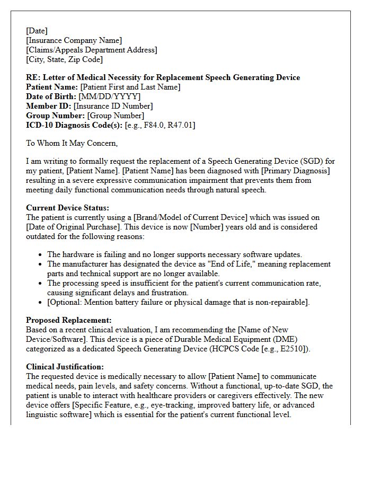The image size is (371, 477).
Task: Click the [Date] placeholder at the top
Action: pyautogui.click(x=37, y=31)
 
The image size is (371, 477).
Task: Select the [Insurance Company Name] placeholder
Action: pyautogui.click(x=74, y=40)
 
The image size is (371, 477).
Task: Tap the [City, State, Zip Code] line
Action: pyautogui.click(x=64, y=59)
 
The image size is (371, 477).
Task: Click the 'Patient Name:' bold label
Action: pyautogui.click(x=52, y=87)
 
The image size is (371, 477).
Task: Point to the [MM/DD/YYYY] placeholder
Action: pyautogui.click(x=110, y=96)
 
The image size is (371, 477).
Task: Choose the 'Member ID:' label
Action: pyautogui.click(x=49, y=106)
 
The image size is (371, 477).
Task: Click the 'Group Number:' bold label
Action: pyautogui.click(x=55, y=116)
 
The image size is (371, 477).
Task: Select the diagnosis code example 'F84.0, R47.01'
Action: pyautogui.click(x=167, y=125)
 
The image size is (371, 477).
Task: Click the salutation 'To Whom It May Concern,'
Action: pyautogui.click(x=72, y=143)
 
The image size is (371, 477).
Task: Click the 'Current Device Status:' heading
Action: pyautogui.click(x=67, y=208)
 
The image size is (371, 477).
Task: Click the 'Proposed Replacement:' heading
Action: pyautogui.click(x=68, y=320)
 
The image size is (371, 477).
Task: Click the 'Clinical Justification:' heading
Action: pyautogui.click(x=65, y=367)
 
